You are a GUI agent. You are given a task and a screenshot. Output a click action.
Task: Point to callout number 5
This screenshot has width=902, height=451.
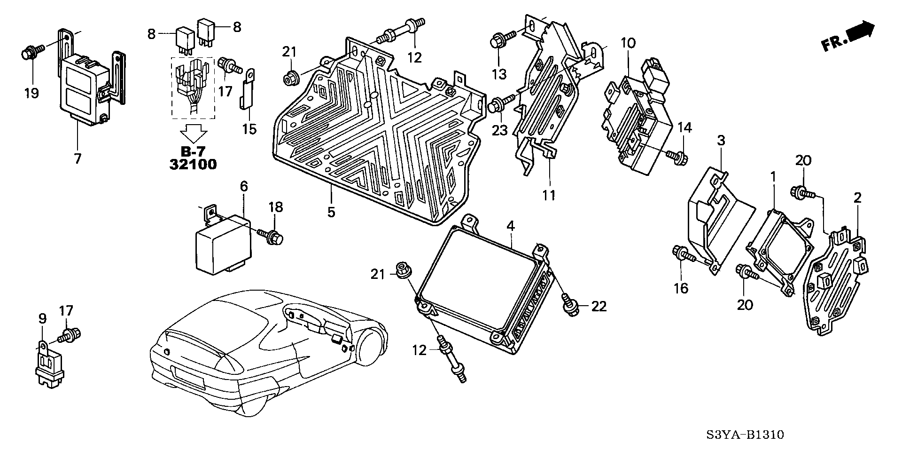click(331, 212)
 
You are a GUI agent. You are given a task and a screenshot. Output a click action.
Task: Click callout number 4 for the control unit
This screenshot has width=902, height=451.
click(510, 226)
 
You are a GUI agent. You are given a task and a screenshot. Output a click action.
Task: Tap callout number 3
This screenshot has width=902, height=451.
click(721, 140)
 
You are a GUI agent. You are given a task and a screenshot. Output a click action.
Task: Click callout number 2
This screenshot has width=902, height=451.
click(857, 198)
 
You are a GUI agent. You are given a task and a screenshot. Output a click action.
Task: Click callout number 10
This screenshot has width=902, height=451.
click(628, 43)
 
